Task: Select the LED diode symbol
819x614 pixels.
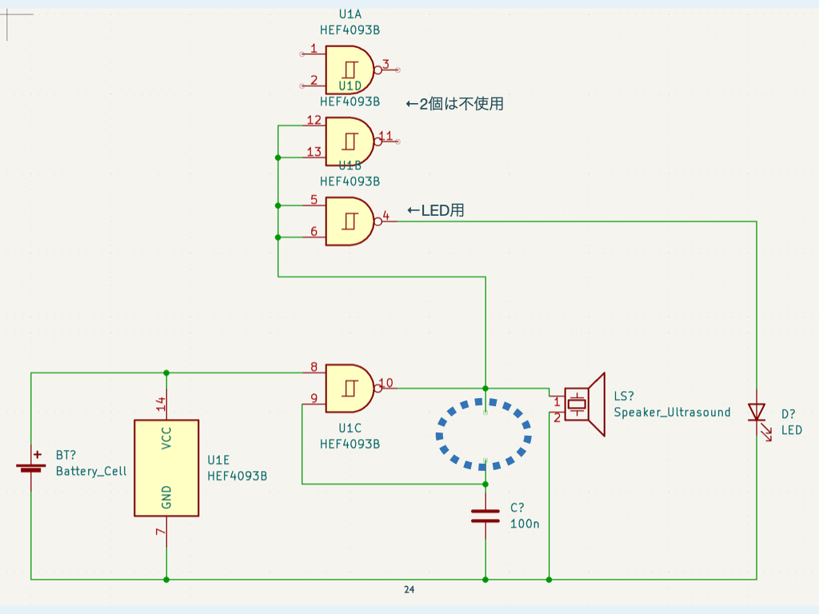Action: click(x=756, y=413)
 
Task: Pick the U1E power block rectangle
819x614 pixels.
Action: click(x=166, y=468)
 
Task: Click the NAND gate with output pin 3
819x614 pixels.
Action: click(x=350, y=67)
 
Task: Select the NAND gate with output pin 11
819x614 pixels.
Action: click(x=350, y=141)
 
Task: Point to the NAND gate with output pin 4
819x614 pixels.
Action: click(x=350, y=221)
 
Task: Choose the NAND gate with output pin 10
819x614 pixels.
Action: click(x=350, y=389)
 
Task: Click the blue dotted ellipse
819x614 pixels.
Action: click(x=484, y=434)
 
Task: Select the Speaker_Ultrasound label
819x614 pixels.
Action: click(x=672, y=413)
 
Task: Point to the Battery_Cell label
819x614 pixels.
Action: click(x=91, y=471)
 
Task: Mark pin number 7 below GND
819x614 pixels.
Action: click(x=160, y=532)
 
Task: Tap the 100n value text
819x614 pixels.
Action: click(x=525, y=524)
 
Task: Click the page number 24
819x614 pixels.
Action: click(x=409, y=590)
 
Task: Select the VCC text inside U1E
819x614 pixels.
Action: click(x=166, y=437)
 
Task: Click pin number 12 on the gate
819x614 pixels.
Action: click(x=314, y=121)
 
